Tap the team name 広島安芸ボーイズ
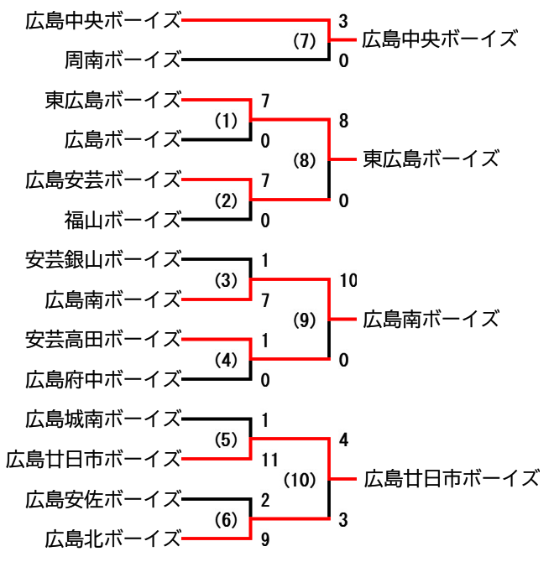pyautogui.click(x=103, y=180)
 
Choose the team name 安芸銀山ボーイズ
pyautogui.click(x=103, y=259)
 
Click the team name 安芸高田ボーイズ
pyautogui.click(x=103, y=340)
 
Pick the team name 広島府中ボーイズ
pyautogui.click(x=103, y=379)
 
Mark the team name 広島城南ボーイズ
pyautogui.click(x=103, y=418)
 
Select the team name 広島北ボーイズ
pyautogui.click(x=113, y=538)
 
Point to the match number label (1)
pyautogui.click(x=226, y=121)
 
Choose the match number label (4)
pyautogui.click(x=226, y=361)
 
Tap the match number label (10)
pyautogui.click(x=299, y=481)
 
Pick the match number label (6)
pyautogui.click(x=226, y=520)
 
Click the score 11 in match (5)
pyautogui.click(x=269, y=460)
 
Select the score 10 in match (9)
pyautogui.click(x=348, y=280)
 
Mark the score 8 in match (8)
pyautogui.click(x=344, y=121)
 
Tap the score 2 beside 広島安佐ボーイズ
pyautogui.click(x=265, y=502)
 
